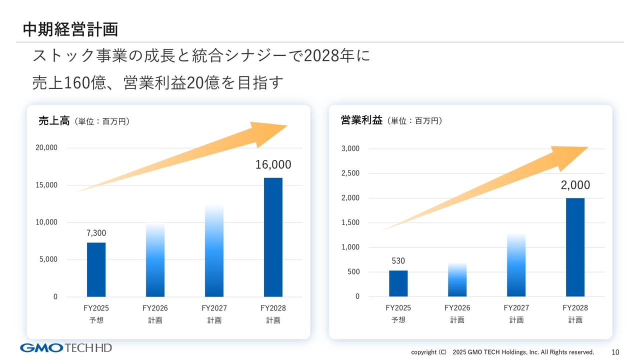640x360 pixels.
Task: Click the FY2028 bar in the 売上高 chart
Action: [x=273, y=237]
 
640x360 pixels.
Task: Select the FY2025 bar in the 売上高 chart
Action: [x=96, y=269]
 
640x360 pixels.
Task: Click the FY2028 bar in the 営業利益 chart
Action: [x=575, y=247]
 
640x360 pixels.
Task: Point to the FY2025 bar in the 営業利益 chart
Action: [x=398, y=283]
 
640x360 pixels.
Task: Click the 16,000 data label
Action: [x=273, y=165]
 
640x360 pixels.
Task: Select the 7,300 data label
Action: [x=96, y=233]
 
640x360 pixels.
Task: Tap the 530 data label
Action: [x=398, y=261]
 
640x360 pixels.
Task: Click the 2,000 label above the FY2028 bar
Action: [x=575, y=185]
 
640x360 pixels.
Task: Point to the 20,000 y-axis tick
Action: [x=46, y=148]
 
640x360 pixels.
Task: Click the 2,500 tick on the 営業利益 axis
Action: [x=350, y=173]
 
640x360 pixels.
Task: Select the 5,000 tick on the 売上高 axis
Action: [x=47, y=259]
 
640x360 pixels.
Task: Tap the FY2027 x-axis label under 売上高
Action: [x=214, y=308]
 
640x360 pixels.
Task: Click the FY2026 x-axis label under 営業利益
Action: [x=457, y=308]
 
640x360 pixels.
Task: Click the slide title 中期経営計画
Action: [x=70, y=29]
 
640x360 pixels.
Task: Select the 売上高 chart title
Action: [x=54, y=120]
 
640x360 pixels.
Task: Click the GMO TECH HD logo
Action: [x=66, y=348]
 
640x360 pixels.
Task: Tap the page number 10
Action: [x=615, y=352]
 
